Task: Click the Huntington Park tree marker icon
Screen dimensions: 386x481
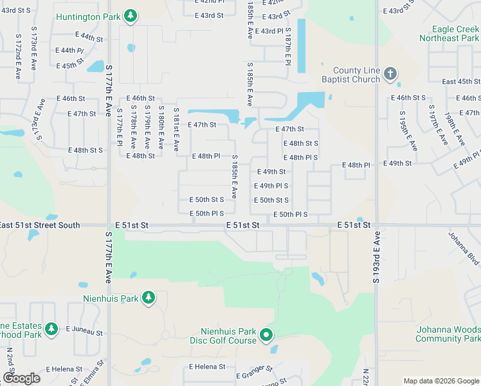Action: pyautogui.click(x=131, y=15)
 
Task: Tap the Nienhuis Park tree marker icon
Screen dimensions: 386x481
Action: pyautogui.click(x=149, y=297)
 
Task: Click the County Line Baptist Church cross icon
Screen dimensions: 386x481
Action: pyautogui.click(x=390, y=74)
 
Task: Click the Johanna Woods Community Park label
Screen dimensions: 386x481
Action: pyautogui.click(x=448, y=334)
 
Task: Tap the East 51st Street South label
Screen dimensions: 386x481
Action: pyautogui.click(x=40, y=225)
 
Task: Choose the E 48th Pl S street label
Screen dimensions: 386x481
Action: pyautogui.click(x=300, y=158)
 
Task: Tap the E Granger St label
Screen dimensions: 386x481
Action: pyautogui.click(x=255, y=372)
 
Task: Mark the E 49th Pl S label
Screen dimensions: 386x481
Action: pyautogui.click(x=271, y=186)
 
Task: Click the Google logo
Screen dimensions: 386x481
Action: pyautogui.click(x=21, y=378)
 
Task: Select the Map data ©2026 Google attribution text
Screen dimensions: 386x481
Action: pyautogui.click(x=440, y=381)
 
